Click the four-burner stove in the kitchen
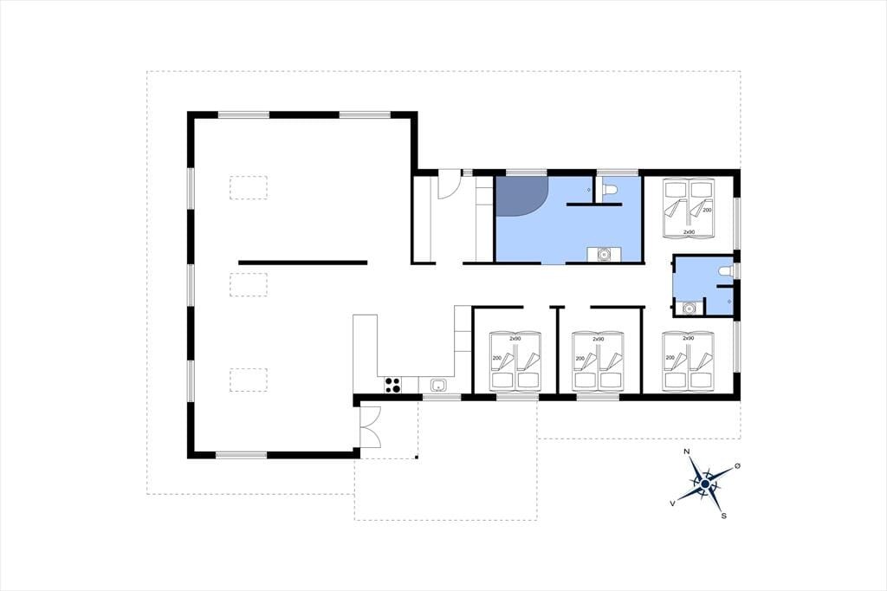coord(393,385)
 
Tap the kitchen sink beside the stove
coord(437,386)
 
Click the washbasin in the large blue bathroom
coord(604,255)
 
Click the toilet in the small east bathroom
coord(725,270)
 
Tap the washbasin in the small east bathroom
coord(689,308)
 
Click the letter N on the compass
coord(687,451)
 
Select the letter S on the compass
coord(723,516)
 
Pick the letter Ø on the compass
coord(737,466)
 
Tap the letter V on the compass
coord(672,503)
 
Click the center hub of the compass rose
coord(705,484)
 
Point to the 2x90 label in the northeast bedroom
coord(689,232)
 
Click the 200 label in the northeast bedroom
coord(707,210)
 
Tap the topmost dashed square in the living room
coord(249,187)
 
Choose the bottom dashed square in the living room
coord(249,380)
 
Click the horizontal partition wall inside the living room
coord(302,263)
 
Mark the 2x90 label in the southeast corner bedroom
coord(688,338)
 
